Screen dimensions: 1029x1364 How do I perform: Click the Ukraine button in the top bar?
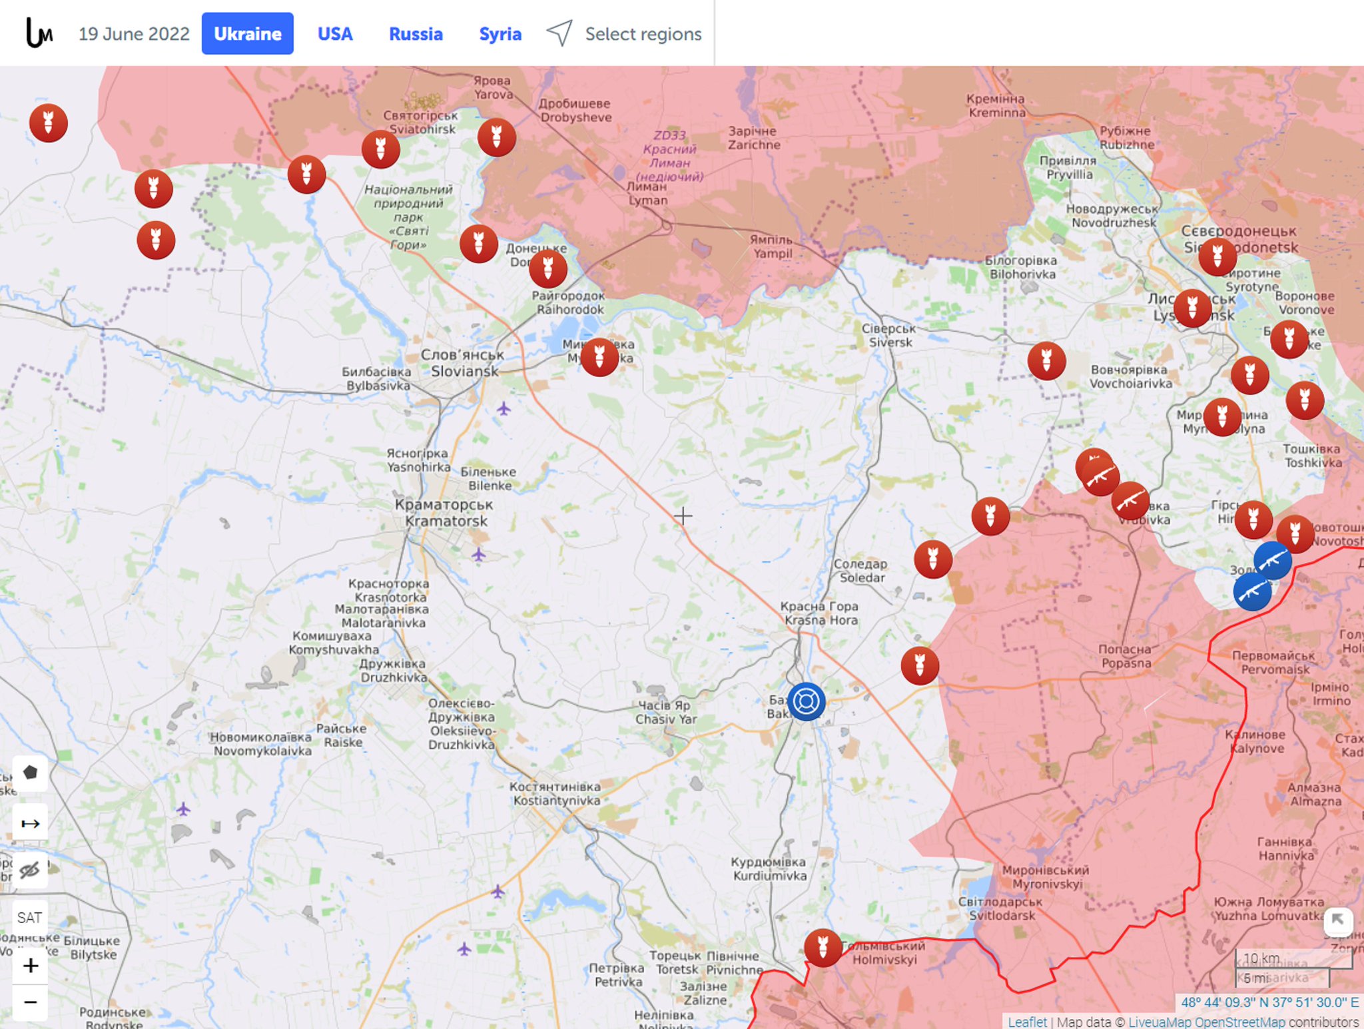click(x=247, y=34)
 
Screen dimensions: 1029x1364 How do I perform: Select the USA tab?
click(x=334, y=34)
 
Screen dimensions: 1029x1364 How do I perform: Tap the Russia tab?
click(x=416, y=34)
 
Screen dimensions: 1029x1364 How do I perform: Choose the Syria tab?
click(x=500, y=34)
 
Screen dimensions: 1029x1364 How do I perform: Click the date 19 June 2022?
click(x=134, y=34)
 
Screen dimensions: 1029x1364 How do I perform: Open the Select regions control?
click(x=625, y=34)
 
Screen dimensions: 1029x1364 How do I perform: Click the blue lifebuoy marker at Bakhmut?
click(x=806, y=701)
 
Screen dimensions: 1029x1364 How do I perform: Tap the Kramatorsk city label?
click(x=445, y=513)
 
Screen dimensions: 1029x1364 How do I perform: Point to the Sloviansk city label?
click(x=464, y=363)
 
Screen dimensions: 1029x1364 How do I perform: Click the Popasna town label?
click(x=1126, y=656)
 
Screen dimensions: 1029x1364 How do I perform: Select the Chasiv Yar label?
click(x=665, y=712)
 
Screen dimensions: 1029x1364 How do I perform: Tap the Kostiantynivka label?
click(x=556, y=793)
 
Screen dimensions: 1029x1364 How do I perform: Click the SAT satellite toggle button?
click(x=29, y=917)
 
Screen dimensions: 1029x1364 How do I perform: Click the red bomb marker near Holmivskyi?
click(x=823, y=947)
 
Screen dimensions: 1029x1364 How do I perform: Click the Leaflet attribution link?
click(x=1026, y=1022)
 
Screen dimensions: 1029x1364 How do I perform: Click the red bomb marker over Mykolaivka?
click(x=599, y=357)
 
